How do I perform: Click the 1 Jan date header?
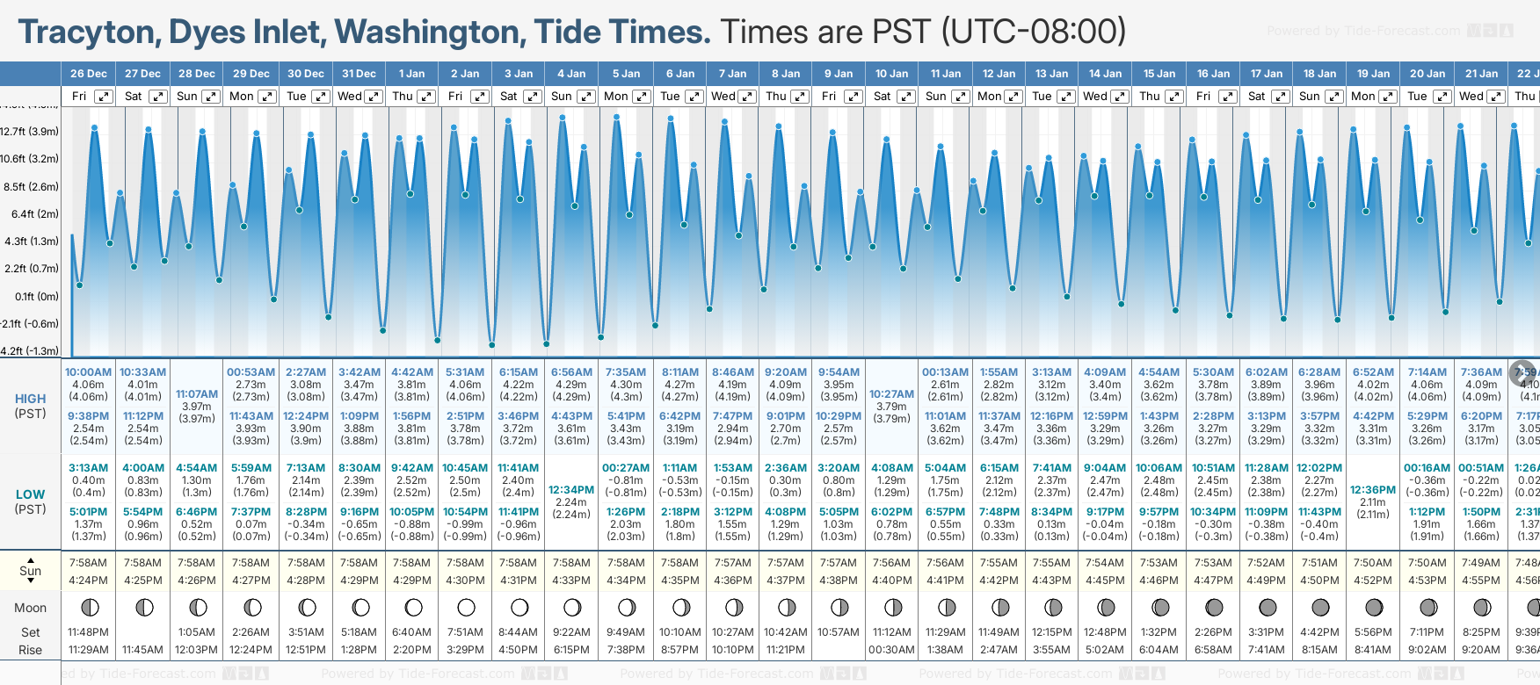point(411,74)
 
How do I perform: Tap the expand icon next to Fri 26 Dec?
point(104,97)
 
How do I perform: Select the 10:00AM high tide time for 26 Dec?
point(88,372)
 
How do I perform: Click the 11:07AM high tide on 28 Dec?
point(197,394)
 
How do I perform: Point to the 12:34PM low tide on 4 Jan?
point(571,490)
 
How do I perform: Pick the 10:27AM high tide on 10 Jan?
point(891,394)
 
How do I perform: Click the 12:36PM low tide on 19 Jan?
point(1373,490)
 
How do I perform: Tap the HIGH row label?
point(30,399)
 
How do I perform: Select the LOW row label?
point(30,494)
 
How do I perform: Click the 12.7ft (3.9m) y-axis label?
point(30,132)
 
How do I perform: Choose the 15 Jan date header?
point(1159,74)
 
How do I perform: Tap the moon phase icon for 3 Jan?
point(519,607)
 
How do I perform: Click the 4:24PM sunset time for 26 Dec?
point(88,580)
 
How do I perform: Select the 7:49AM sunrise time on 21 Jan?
point(1480,563)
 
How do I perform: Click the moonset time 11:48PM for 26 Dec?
point(88,632)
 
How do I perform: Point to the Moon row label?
point(30,608)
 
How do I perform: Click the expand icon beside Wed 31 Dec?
point(374,97)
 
